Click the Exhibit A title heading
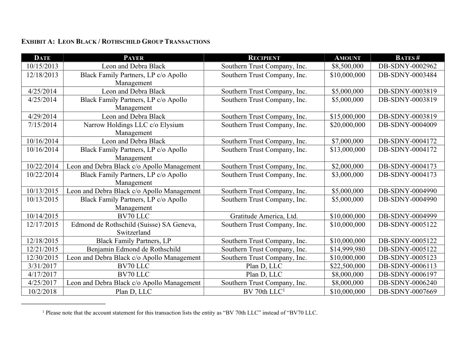(116, 42)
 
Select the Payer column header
(133, 58)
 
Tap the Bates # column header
(407, 58)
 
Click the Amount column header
(347, 58)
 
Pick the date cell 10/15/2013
(42, 66)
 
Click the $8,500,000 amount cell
(347, 66)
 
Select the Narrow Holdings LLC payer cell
(133, 129)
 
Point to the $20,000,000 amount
(347, 125)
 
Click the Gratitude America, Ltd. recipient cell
(264, 216)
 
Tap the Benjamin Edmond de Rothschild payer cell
(133, 249)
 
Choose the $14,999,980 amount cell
(347, 249)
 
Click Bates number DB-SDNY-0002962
(407, 66)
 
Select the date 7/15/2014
(42, 125)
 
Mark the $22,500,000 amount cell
(347, 266)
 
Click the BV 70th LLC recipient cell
(264, 291)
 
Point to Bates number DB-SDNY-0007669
(407, 291)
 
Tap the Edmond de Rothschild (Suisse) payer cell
(133, 229)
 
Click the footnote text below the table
(180, 313)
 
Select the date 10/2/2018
(42, 291)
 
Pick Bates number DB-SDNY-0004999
(407, 216)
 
